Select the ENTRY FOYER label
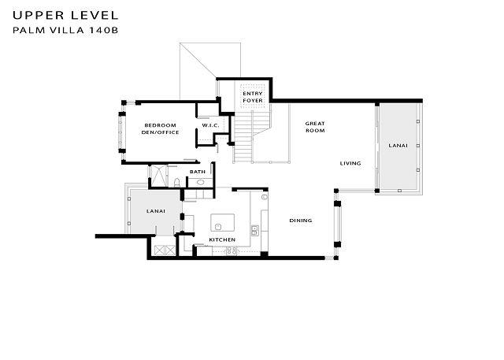(253, 97)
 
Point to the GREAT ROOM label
(315, 127)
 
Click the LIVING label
(350, 164)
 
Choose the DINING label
(301, 221)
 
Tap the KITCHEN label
(222, 239)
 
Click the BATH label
(198, 172)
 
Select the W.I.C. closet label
(210, 125)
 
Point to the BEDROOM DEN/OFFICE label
(160, 129)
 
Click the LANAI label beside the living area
(398, 146)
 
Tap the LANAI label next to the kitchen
(156, 211)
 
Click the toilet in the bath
(176, 183)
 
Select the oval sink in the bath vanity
(200, 183)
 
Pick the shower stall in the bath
(159, 176)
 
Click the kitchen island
(222, 223)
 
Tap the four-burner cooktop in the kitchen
(232, 251)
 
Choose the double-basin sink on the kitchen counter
(254, 230)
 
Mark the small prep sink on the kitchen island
(218, 227)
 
